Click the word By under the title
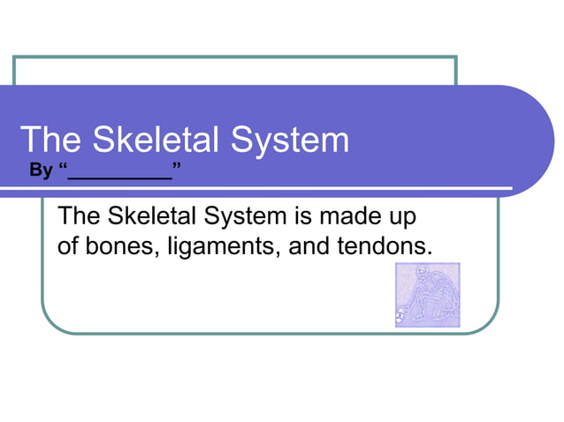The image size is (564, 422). coord(41,170)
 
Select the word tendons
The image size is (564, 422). coord(386,246)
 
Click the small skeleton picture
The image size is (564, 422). coord(427,295)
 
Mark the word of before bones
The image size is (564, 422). coord(68,246)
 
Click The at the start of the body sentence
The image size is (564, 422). coord(77,217)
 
